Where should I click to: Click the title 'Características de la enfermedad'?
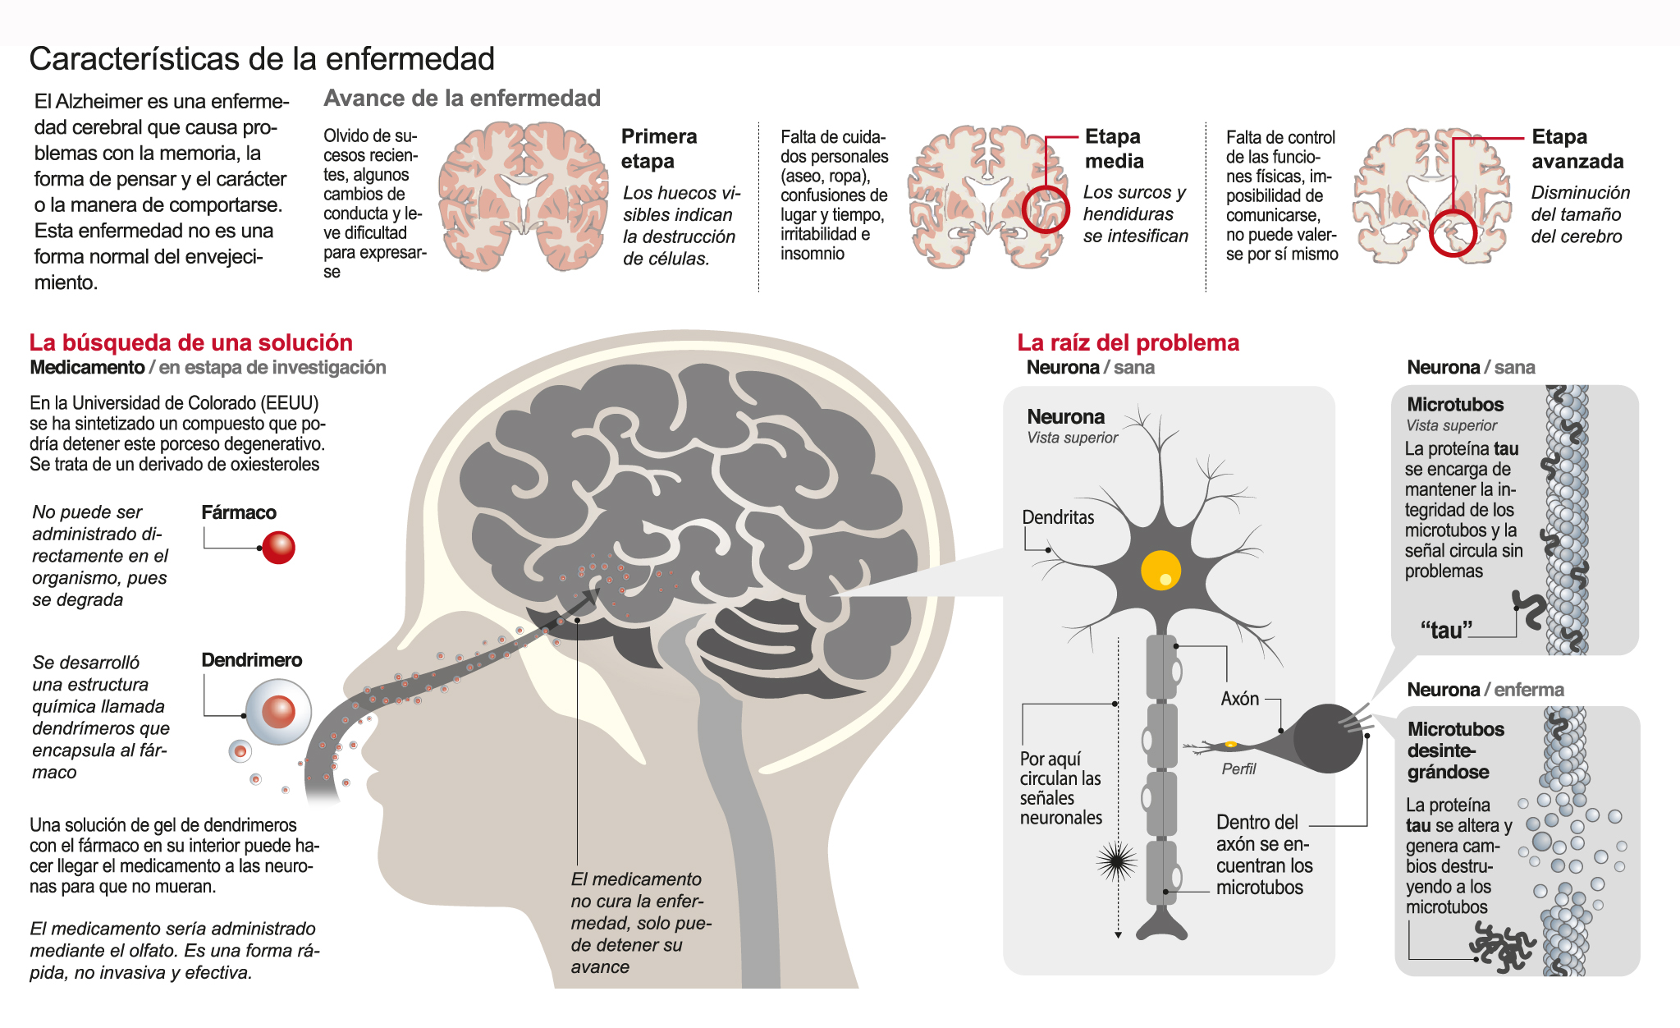262,59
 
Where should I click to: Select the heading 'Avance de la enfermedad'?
462,99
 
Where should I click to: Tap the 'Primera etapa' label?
658,149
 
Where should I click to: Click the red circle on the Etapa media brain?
1046,209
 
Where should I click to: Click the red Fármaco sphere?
278,548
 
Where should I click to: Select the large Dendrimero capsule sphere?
278,713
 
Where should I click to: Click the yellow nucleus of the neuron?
1160,571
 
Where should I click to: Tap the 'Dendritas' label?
1058,517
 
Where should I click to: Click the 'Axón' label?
1239,699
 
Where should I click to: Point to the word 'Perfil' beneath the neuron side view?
1238,769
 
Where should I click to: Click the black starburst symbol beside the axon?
1116,861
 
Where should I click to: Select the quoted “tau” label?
1446,631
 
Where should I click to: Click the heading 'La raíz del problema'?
1128,342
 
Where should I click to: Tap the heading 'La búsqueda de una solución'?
191,342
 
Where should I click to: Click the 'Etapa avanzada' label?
1577,149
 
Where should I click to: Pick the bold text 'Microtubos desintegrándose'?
1455,750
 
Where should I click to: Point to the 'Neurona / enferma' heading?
1485,690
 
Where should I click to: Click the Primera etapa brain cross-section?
523,197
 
